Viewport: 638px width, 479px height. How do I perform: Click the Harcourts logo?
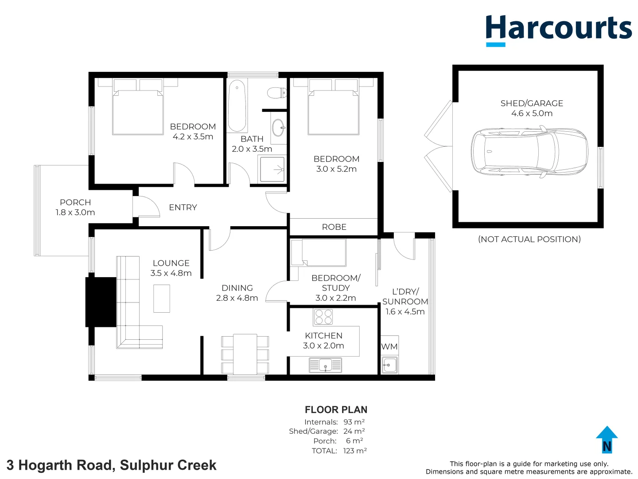point(558,29)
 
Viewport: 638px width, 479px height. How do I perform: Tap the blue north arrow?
point(607,440)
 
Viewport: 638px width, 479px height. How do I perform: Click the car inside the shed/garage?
point(529,151)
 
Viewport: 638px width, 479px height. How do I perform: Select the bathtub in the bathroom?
point(237,105)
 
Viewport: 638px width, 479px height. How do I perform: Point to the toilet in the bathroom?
point(276,93)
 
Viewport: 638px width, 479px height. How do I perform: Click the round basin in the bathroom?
point(279,128)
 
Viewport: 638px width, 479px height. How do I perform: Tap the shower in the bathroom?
point(272,169)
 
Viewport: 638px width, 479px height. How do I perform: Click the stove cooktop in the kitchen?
point(323,317)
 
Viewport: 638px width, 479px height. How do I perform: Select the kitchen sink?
point(325,365)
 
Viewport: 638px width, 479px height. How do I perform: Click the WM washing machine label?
point(389,347)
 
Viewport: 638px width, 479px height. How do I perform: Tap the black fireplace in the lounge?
point(101,302)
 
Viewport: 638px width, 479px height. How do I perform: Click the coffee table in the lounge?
point(162,298)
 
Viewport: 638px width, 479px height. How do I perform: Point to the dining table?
point(245,354)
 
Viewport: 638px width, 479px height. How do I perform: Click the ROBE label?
point(334,227)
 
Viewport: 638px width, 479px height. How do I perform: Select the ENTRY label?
point(183,208)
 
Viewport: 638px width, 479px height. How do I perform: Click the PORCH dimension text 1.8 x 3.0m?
point(75,212)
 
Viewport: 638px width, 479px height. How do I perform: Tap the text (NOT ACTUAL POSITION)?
point(529,239)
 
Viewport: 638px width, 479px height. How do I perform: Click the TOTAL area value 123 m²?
point(355,451)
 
